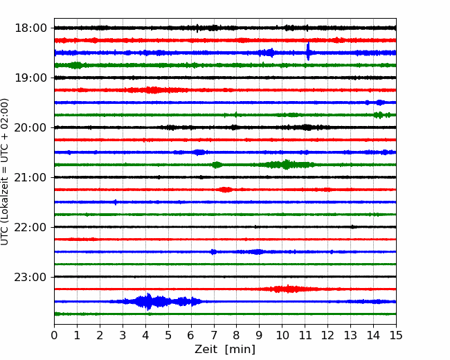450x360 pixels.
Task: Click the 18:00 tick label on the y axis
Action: click(30, 28)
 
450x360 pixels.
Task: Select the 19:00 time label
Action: click(30, 78)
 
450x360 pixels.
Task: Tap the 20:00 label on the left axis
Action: click(30, 127)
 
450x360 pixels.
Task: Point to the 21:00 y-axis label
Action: click(30, 177)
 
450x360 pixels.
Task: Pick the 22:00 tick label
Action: click(30, 227)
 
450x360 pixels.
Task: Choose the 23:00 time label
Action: click(30, 277)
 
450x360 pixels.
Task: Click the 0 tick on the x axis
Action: click(54, 335)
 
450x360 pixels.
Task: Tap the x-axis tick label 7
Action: click(214, 335)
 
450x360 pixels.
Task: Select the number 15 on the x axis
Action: click(396, 335)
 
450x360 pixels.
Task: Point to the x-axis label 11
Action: click(305, 335)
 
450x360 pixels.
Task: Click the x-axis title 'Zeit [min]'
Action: click(225, 349)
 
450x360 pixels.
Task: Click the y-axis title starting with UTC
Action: click(4, 172)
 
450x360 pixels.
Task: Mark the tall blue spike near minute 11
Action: click(308, 51)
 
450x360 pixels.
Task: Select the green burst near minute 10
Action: click(285, 165)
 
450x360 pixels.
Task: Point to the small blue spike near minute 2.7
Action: click(116, 202)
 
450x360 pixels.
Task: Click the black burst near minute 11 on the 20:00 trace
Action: click(307, 127)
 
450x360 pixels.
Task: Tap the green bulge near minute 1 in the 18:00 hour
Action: click(76, 65)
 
